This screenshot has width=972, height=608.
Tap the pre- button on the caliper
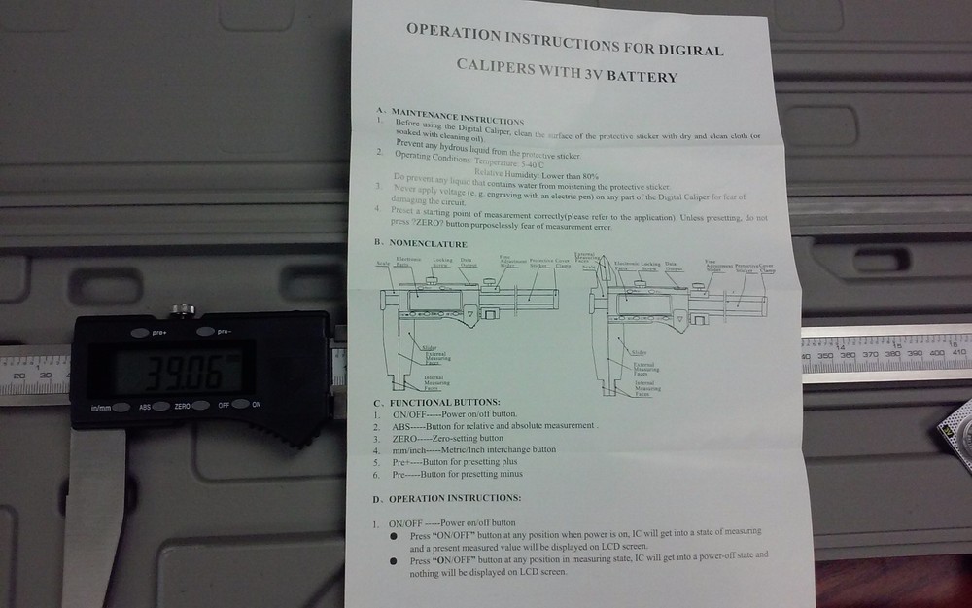(205, 333)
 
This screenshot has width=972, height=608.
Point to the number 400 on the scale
(937, 356)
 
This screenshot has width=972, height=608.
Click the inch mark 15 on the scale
(898, 344)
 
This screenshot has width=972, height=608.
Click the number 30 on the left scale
(44, 375)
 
